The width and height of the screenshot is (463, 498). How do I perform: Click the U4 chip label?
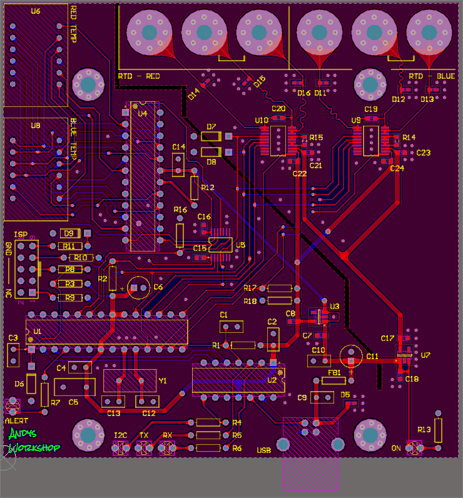coord(143,113)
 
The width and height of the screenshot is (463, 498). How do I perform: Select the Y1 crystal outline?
coord(130,380)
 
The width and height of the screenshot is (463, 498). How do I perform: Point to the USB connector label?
coord(263,450)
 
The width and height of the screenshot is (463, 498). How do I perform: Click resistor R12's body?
coord(195,188)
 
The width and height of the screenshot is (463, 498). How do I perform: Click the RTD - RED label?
coord(139,76)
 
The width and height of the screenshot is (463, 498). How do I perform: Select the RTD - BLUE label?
coord(432,76)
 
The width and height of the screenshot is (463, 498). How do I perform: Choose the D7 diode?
coord(211,136)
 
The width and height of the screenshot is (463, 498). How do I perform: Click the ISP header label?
coord(21,233)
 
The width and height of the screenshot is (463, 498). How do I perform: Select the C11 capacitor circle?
coord(351,355)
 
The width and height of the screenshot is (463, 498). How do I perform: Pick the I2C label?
coord(121,435)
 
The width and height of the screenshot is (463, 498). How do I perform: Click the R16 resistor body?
coord(180,235)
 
